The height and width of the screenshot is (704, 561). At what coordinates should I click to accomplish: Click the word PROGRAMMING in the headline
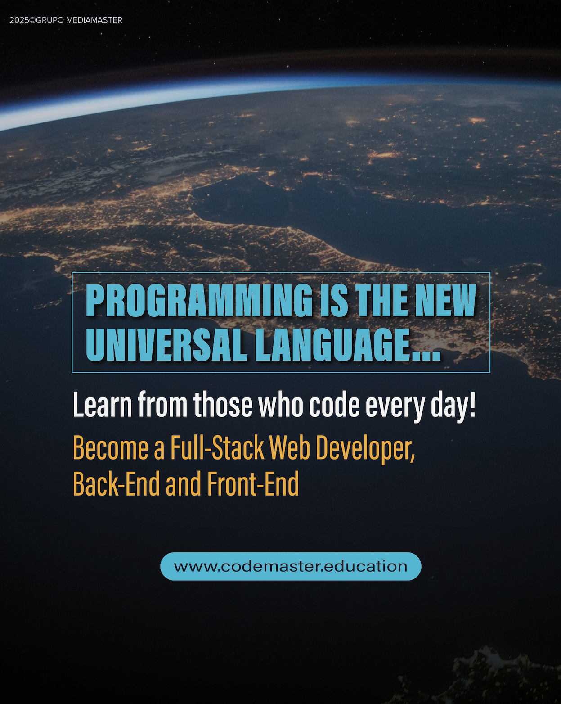pos(199,300)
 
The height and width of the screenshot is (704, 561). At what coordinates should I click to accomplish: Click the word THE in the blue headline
pos(382,300)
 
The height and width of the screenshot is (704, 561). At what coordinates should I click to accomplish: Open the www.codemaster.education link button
pos(291,566)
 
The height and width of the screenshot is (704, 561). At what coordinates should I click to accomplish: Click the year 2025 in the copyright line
pos(19,20)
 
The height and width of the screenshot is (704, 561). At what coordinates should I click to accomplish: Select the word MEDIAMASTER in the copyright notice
pos(94,20)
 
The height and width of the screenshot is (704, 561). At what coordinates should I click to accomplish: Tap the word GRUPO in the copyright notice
pos(49,20)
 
